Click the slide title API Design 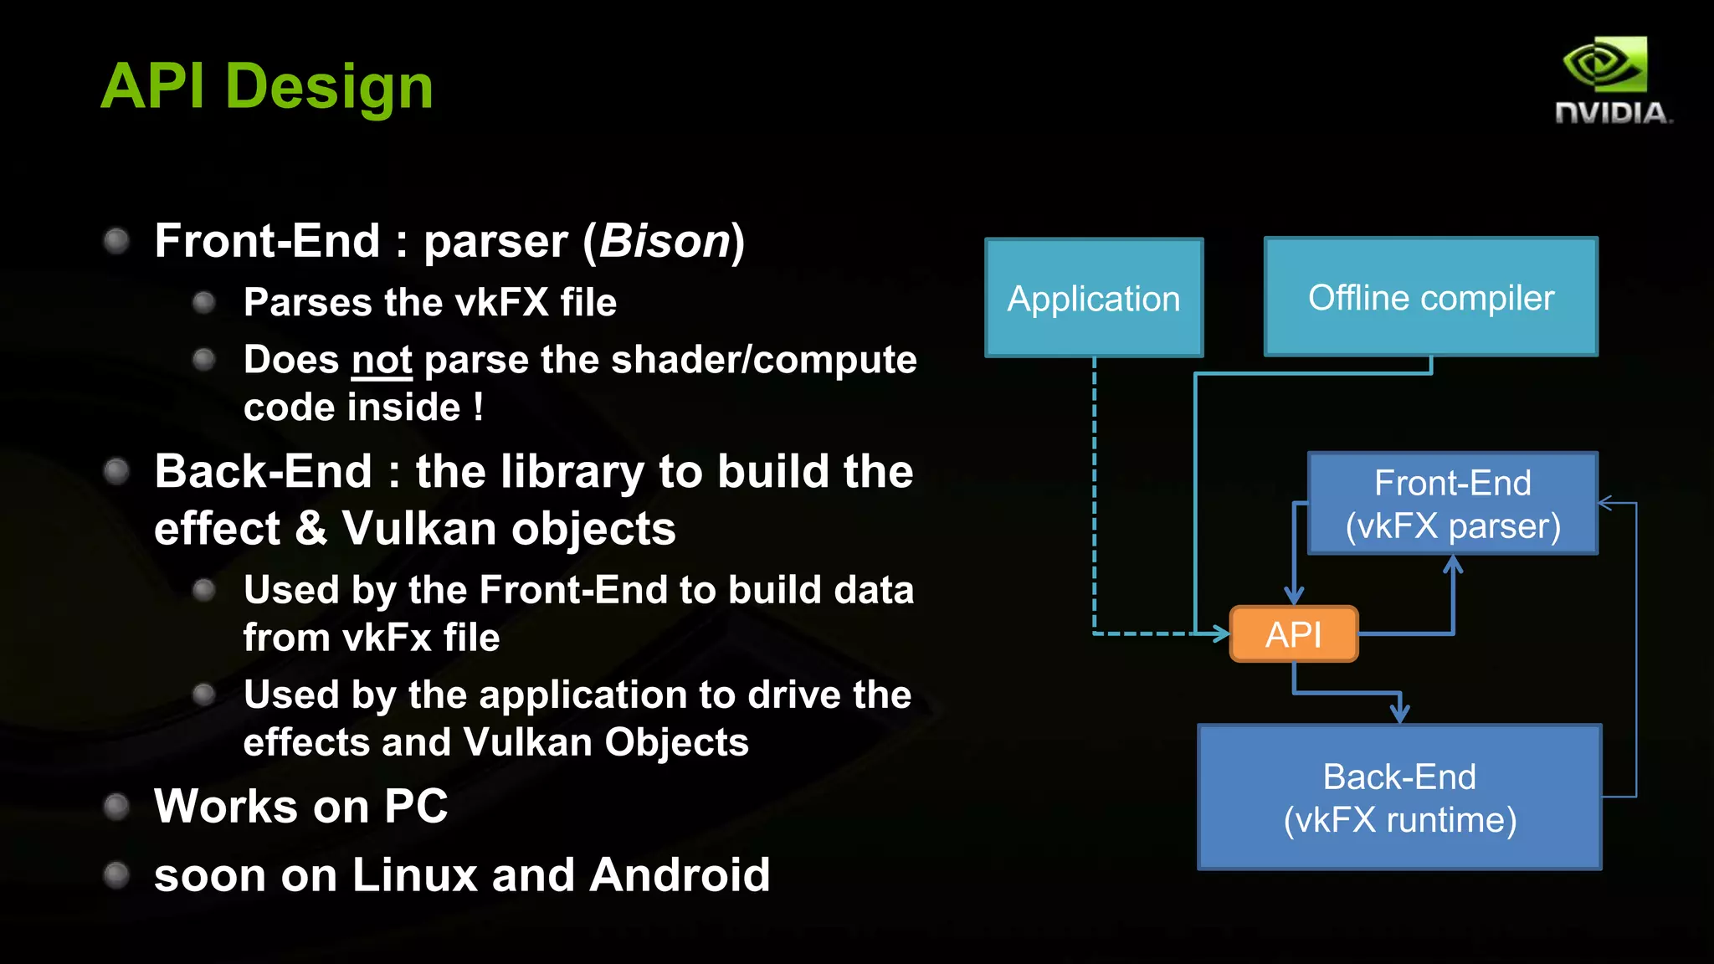pyautogui.click(x=266, y=86)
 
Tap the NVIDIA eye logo pyautogui.click(x=1604, y=64)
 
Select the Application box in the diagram pyautogui.click(x=1093, y=298)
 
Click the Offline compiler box pyautogui.click(x=1430, y=297)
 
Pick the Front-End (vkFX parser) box pyautogui.click(x=1452, y=504)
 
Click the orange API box pyautogui.click(x=1293, y=634)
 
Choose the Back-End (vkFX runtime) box pyautogui.click(x=1399, y=797)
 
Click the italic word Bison pyautogui.click(x=665, y=241)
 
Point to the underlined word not pyautogui.click(x=382, y=360)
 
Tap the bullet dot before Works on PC pyautogui.click(x=116, y=807)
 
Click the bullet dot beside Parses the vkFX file pyautogui.click(x=203, y=302)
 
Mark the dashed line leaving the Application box pyautogui.click(x=1094, y=494)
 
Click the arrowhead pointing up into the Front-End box pyautogui.click(x=1453, y=566)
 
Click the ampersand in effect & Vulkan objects pyautogui.click(x=310, y=528)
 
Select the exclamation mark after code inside pyautogui.click(x=478, y=408)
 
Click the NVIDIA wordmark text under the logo pyautogui.click(x=1612, y=113)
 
